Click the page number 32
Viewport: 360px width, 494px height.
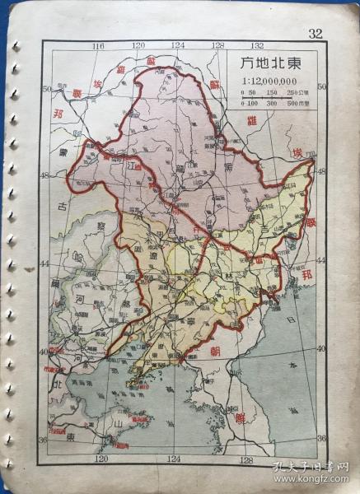(x=315, y=33)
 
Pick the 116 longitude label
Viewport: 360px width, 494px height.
(x=101, y=46)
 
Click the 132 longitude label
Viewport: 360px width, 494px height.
(x=257, y=46)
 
